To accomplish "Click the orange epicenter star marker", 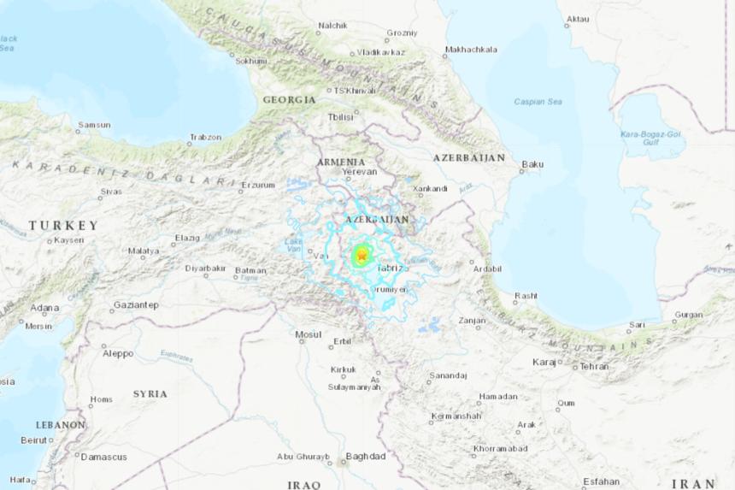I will tap(362, 255).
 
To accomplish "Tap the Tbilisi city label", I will tap(340, 117).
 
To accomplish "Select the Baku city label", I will tap(532, 163).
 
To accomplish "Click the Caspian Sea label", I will tap(538, 102).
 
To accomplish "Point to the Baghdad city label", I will tap(365, 456).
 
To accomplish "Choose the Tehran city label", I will tap(594, 366).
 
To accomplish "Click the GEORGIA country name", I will tap(289, 100).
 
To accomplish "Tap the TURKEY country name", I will tap(63, 226).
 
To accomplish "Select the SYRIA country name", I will tap(150, 393).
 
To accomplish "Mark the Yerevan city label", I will tap(359, 172).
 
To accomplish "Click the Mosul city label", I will tap(308, 334).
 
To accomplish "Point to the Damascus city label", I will tap(103, 457).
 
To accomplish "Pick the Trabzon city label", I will tap(206, 137).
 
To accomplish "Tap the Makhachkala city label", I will tap(471, 49).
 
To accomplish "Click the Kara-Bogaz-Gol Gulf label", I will tap(651, 139).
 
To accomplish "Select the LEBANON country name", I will tap(60, 424).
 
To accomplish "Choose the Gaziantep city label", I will tap(138, 304).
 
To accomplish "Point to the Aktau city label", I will tap(579, 18).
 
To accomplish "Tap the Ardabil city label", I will tap(487, 269).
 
